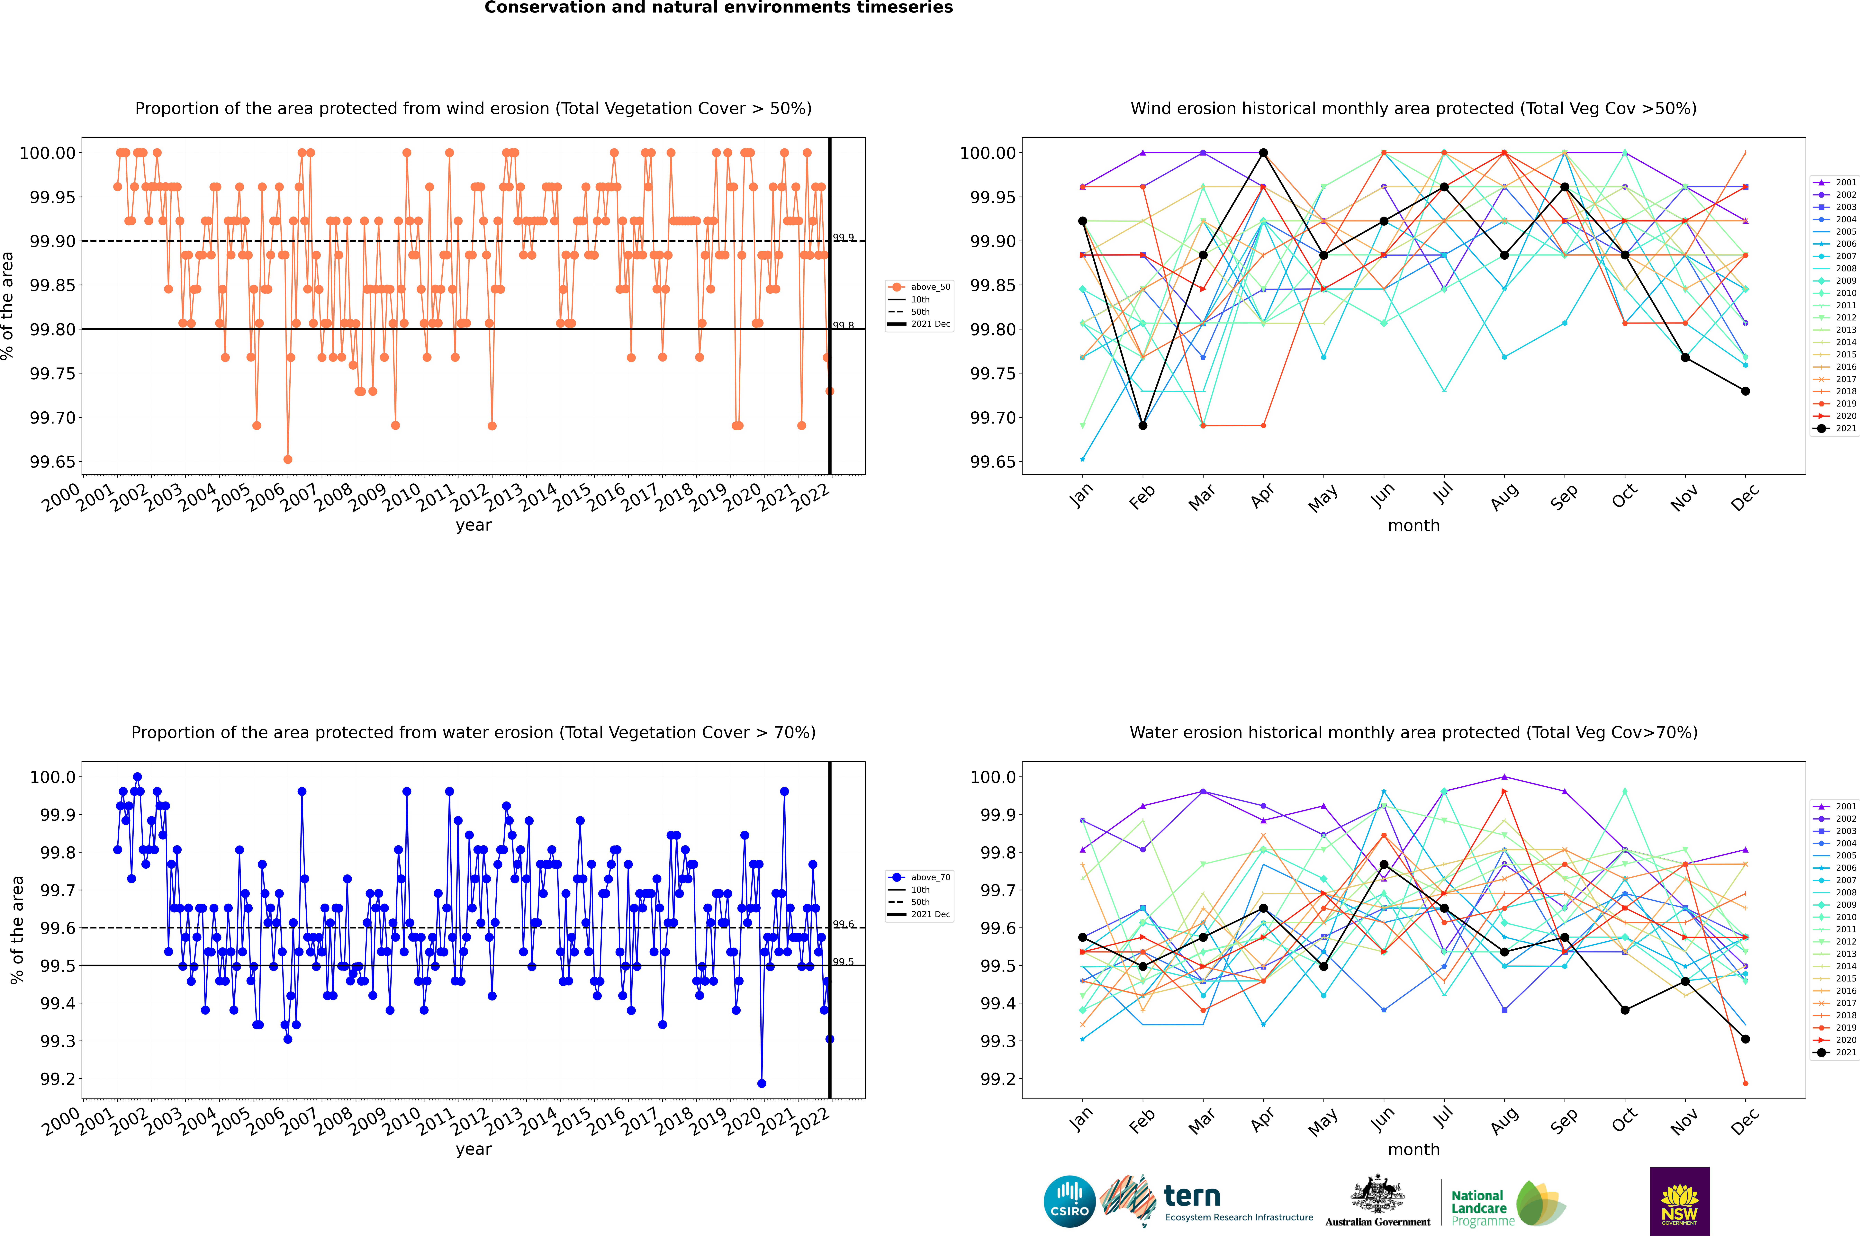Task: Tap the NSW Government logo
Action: (x=1679, y=1201)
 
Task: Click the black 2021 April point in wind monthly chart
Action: (x=1263, y=153)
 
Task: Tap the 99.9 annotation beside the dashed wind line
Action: (x=843, y=237)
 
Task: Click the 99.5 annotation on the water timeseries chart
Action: (x=843, y=962)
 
